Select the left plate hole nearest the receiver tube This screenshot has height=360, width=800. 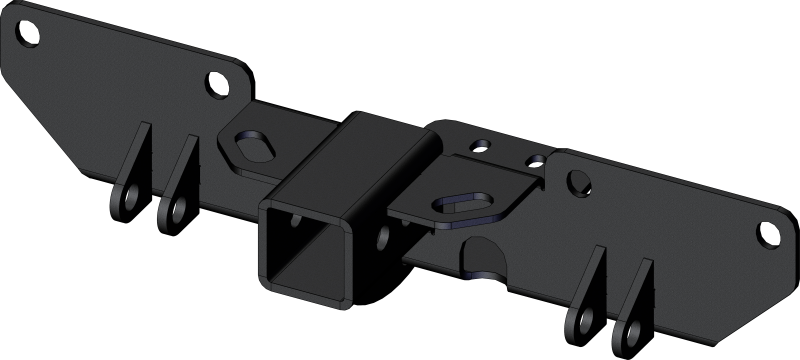pos(215,83)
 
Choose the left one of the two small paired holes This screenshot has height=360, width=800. pos(483,145)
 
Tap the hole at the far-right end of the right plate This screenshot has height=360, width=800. pos(765,234)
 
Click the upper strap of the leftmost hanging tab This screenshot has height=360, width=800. pos(140,150)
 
